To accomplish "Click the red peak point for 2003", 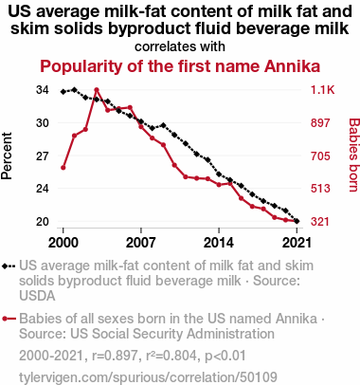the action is click(97, 90).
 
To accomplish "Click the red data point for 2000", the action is click(63, 168).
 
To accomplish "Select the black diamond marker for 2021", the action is click(297, 221).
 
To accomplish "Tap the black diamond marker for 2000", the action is click(63, 92).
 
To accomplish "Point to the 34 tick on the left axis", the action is click(43, 90).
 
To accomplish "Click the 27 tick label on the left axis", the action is click(43, 156).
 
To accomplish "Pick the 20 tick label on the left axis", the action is click(43, 222).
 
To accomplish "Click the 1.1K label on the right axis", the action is click(322, 90).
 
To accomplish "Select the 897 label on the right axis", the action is click(320, 123).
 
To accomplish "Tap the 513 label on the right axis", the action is click(320, 189).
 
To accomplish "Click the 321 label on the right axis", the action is click(320, 222).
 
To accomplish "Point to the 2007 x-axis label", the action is click(141, 243).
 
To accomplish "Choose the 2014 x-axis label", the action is click(219, 243).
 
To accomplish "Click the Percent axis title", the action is click(7, 156).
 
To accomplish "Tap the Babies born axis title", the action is click(354, 155).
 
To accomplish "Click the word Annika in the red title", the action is click(292, 66).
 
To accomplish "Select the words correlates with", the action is click(180, 46).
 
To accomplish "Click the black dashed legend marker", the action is click(9, 266).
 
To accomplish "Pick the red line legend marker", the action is click(9, 319).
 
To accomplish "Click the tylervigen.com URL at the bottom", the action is click(148, 376).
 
